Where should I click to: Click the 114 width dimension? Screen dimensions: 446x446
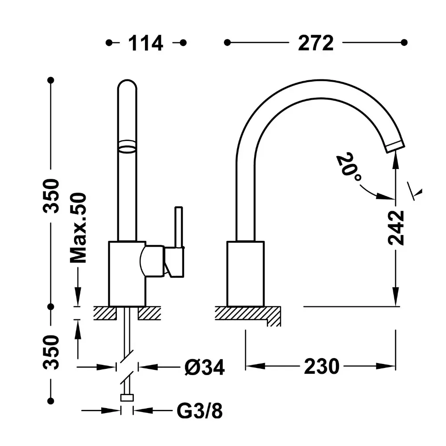pyautogui.click(x=145, y=43)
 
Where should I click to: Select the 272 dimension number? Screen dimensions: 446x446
pyautogui.click(x=315, y=43)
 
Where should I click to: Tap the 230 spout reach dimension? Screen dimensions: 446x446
pyautogui.click(x=322, y=366)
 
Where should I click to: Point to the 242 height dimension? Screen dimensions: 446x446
pyautogui.click(x=396, y=227)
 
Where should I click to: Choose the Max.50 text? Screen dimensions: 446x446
pyautogui.click(x=78, y=227)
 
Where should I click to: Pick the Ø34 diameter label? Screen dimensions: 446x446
pyautogui.click(x=205, y=367)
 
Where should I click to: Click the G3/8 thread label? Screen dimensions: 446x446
pyautogui.click(x=200, y=411)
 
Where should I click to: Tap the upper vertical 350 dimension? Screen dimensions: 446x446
pyautogui.click(x=51, y=196)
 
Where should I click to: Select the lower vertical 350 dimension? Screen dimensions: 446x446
pyautogui.click(x=51, y=352)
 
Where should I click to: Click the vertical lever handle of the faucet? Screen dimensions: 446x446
pyautogui.click(x=179, y=227)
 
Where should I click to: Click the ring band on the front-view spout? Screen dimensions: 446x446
pyautogui.click(x=127, y=146)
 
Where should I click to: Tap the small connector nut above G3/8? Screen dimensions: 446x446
pyautogui.click(x=127, y=397)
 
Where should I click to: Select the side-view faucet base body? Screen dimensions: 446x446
pyautogui.click(x=246, y=274)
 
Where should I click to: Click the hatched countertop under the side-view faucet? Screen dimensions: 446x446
pyautogui.click(x=248, y=316)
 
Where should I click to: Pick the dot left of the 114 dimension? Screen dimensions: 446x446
pyautogui.click(x=109, y=43)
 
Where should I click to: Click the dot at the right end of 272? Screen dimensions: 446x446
pyautogui.click(x=404, y=43)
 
